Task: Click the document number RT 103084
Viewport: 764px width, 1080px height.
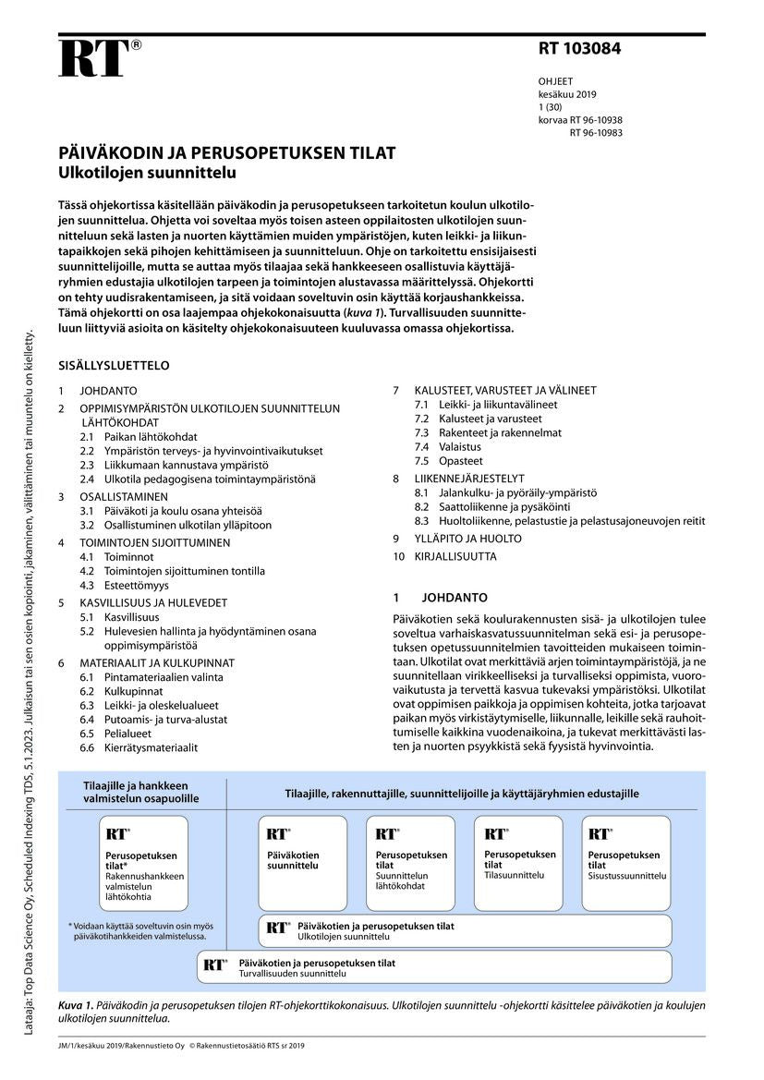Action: pos(580,50)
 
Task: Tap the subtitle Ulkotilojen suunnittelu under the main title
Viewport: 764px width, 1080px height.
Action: pos(148,173)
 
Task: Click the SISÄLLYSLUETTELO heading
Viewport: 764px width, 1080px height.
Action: pos(114,366)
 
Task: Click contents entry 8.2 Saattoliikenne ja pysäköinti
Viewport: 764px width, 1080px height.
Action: pos(492,507)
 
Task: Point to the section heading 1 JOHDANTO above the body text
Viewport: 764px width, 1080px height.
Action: pos(440,598)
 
